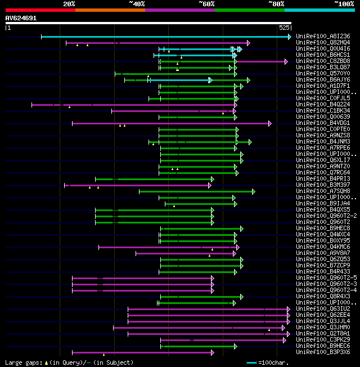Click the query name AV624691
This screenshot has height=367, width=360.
coord(21,18)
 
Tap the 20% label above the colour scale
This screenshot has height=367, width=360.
coord(69,3)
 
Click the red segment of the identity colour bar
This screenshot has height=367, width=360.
coord(40,10)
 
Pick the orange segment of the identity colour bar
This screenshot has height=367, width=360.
coord(110,10)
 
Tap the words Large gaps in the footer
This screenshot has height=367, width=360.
coord(22,362)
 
